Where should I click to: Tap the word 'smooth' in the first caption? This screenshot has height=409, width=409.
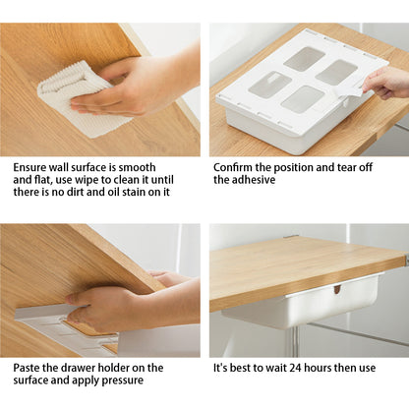point(137,167)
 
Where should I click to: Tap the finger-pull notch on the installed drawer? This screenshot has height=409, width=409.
point(337,289)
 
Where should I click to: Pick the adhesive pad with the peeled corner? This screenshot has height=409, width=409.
point(269,86)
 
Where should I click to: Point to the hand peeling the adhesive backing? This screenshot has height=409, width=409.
point(385,83)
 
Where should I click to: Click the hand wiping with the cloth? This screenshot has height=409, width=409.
point(131,87)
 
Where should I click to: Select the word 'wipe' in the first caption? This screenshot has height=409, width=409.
point(87,180)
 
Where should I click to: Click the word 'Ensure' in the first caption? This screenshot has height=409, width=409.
point(29,167)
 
